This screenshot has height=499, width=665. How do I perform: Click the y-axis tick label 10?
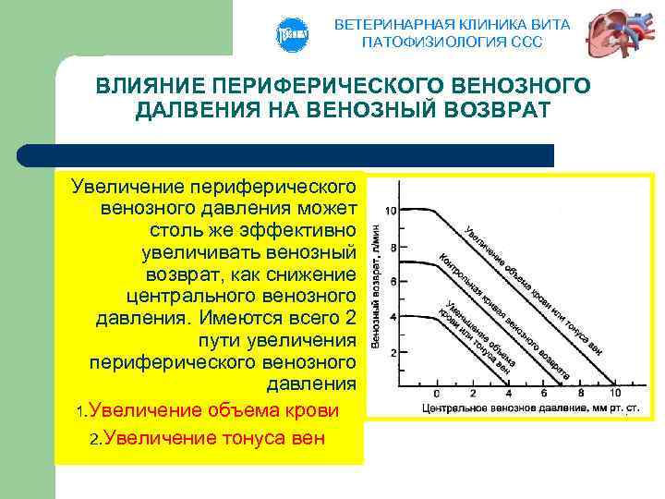pyautogui.click(x=391, y=211)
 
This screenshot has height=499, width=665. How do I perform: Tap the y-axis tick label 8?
pyautogui.click(x=393, y=248)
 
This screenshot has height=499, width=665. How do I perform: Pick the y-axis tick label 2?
pyautogui.click(x=393, y=352)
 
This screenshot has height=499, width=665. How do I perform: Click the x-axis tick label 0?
pyautogui.click(x=437, y=394)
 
